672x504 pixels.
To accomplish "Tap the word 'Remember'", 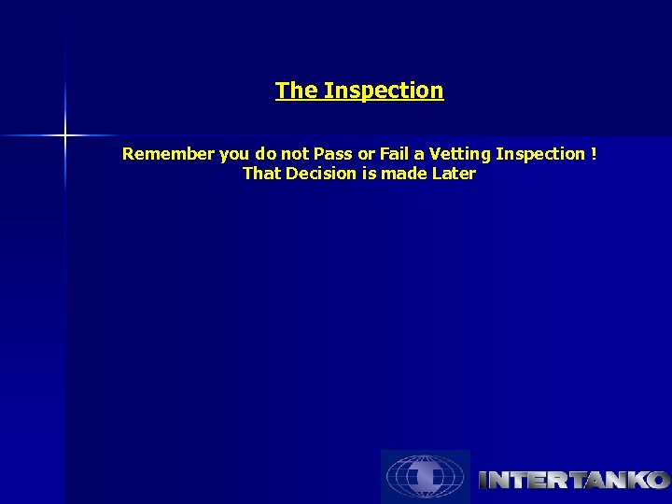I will tap(168, 154).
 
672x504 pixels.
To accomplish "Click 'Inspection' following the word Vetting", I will tap(539, 154).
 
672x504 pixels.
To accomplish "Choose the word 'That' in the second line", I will tap(260, 174).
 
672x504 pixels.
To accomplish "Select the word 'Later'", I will tap(454, 174).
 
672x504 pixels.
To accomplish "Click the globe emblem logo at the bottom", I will tap(426, 477).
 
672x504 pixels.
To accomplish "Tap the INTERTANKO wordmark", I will tap(573, 481).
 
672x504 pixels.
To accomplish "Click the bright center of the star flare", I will tap(65, 136).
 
